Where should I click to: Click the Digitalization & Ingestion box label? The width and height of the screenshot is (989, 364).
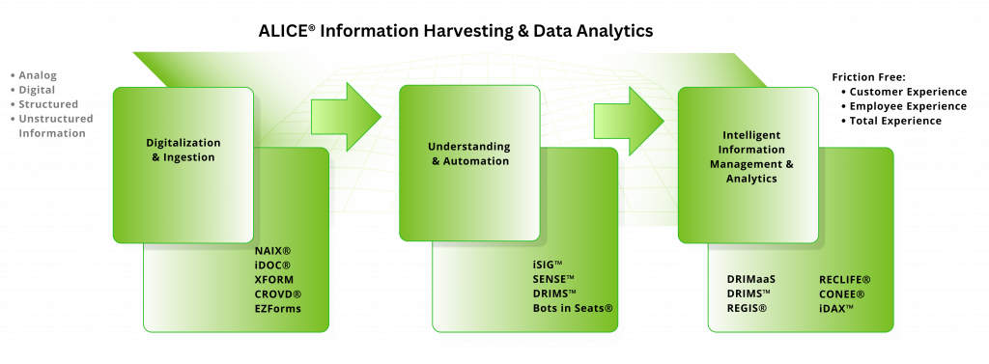point(183,149)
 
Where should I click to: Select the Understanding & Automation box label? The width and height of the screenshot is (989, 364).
point(469,154)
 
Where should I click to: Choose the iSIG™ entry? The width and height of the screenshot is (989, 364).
point(549,264)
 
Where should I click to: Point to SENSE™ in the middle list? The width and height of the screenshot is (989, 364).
point(554,278)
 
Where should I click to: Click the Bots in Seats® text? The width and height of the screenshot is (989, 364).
point(573,308)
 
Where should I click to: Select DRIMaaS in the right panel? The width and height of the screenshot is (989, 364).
point(751,279)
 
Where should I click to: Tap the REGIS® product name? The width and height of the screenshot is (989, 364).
point(748,308)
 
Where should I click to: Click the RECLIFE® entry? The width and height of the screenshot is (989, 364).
point(845,279)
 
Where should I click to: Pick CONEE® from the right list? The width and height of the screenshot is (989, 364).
point(841,294)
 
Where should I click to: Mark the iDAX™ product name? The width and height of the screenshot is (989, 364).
point(836,308)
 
